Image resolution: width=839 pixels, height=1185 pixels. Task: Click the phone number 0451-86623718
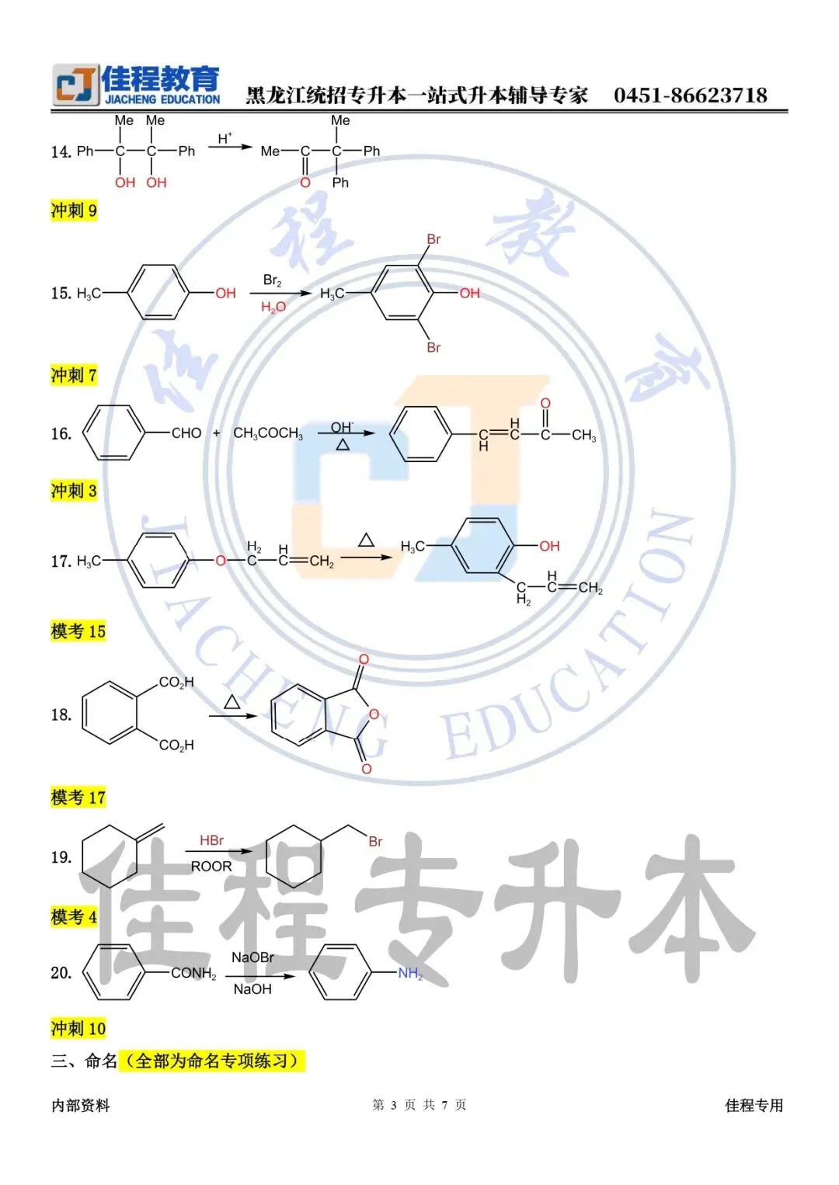pyautogui.click(x=690, y=96)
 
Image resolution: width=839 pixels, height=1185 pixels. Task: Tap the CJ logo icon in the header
pyautogui.click(x=75, y=85)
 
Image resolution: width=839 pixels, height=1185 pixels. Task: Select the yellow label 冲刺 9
pyautogui.click(x=74, y=210)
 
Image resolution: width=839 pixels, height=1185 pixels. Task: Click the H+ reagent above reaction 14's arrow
pyautogui.click(x=225, y=138)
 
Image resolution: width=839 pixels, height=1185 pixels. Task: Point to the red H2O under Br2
pyautogui.click(x=273, y=308)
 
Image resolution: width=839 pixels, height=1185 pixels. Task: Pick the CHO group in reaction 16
pyautogui.click(x=186, y=433)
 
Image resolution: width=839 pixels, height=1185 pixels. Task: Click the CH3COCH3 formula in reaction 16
pyautogui.click(x=268, y=433)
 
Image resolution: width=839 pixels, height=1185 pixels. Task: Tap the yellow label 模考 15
pyautogui.click(x=78, y=631)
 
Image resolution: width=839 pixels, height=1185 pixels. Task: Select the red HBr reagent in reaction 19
pyautogui.click(x=211, y=840)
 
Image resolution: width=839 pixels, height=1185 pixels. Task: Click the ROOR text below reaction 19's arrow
pyautogui.click(x=211, y=867)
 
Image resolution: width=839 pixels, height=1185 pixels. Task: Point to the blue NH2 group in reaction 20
pyautogui.click(x=410, y=973)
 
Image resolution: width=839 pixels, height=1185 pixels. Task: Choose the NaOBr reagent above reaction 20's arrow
pyautogui.click(x=252, y=957)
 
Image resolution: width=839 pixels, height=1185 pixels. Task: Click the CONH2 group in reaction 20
pyautogui.click(x=193, y=973)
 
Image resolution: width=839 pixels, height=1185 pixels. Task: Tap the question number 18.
pyautogui.click(x=61, y=715)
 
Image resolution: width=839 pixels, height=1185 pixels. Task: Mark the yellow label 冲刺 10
pyautogui.click(x=78, y=1029)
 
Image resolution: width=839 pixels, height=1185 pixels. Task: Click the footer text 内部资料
pyautogui.click(x=81, y=1106)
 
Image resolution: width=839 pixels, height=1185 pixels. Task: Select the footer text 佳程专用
pyautogui.click(x=754, y=1106)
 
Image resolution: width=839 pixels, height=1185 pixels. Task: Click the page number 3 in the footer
pyautogui.click(x=394, y=1105)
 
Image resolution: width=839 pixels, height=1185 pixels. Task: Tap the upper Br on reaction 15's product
pyautogui.click(x=433, y=239)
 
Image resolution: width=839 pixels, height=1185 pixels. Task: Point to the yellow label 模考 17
pyautogui.click(x=78, y=798)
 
